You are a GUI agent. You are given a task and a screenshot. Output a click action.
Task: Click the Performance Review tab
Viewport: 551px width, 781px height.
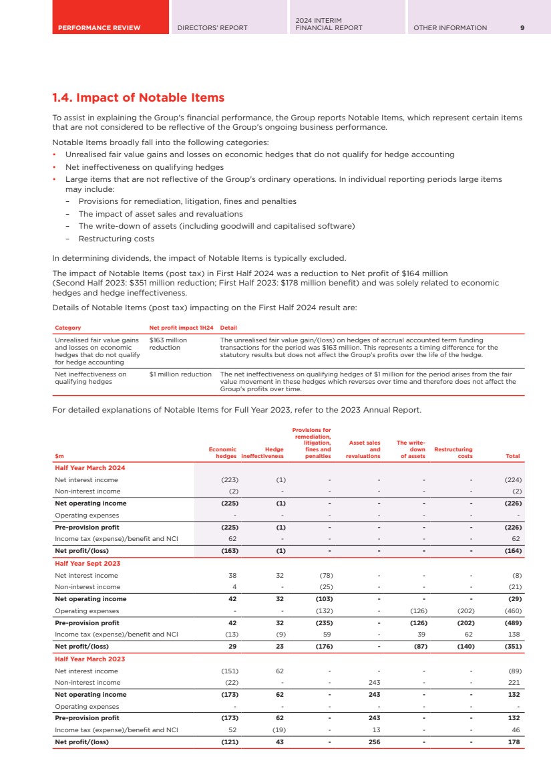coord(99,28)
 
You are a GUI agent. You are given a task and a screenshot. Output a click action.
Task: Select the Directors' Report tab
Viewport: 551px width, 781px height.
coord(212,28)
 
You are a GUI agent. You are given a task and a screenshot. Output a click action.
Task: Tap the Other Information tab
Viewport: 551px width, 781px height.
coord(450,28)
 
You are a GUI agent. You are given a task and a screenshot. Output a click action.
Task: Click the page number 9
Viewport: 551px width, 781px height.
coord(522,28)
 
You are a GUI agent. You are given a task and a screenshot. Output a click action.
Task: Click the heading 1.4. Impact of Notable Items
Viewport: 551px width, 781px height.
coord(138,98)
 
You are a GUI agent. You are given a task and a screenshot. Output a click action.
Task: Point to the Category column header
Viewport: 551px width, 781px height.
coord(67,328)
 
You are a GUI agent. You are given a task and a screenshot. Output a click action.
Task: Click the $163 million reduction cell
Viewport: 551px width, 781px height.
coord(168,344)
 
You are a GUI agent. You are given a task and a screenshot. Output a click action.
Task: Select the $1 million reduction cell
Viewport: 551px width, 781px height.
coord(180,374)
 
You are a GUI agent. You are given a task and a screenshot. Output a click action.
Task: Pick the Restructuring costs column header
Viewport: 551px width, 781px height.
coord(453,453)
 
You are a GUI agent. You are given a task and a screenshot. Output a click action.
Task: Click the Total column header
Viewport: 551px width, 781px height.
coord(512,456)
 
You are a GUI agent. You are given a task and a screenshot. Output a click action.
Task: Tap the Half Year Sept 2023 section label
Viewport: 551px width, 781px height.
coord(87,564)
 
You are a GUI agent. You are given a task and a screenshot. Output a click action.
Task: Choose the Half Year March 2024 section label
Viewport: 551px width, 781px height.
coord(89,468)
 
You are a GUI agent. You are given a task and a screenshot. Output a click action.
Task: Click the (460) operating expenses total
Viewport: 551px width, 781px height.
coord(512,611)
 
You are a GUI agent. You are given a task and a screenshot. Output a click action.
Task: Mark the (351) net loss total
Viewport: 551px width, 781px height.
coord(512,647)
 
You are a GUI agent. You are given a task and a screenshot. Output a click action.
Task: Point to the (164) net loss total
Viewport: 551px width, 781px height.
coord(512,551)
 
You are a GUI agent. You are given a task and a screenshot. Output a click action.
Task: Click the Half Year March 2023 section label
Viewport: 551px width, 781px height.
coord(89,659)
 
